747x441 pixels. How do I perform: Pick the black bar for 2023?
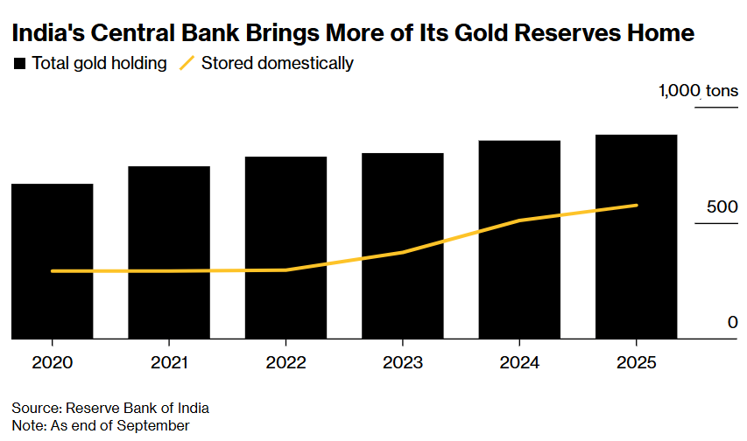click(x=403, y=245)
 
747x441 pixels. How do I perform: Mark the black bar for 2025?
click(x=637, y=236)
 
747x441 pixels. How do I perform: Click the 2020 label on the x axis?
click(x=52, y=361)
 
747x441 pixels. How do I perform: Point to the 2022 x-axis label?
click(x=285, y=361)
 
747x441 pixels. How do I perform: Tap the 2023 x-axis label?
click(x=403, y=361)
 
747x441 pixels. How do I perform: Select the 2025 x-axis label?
click(x=637, y=361)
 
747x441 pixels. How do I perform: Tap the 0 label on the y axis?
click(x=732, y=323)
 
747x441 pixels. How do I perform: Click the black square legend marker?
click(x=19, y=63)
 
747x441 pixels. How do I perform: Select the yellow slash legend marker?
click(x=186, y=63)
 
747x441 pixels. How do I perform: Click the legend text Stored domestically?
click(x=277, y=63)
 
